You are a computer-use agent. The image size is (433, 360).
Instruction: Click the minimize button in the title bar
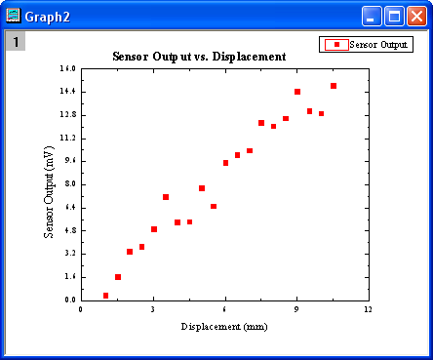(x=372, y=15)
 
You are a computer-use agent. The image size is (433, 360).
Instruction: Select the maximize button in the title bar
(x=394, y=15)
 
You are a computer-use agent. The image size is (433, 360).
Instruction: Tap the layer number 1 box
(x=17, y=41)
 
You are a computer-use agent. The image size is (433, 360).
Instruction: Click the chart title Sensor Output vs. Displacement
(x=199, y=57)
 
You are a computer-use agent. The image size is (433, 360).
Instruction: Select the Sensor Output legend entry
(x=366, y=44)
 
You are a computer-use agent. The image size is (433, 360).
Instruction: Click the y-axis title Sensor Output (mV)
(x=49, y=193)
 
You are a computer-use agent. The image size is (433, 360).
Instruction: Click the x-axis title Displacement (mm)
(x=223, y=326)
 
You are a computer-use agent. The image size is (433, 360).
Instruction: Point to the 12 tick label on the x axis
(x=368, y=309)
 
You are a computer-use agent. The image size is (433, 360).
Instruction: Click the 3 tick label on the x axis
(x=153, y=309)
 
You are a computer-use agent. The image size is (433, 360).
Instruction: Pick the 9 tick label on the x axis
(x=296, y=309)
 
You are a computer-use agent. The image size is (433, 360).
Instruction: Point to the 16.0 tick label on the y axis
(x=67, y=68)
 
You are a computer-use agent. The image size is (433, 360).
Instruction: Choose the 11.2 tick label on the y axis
(x=67, y=138)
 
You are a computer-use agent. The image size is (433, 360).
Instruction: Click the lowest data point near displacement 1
(x=106, y=295)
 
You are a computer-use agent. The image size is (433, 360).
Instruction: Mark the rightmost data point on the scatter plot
(x=334, y=86)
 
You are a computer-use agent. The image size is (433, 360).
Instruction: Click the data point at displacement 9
(x=297, y=92)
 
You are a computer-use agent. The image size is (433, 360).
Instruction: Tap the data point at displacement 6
(x=225, y=163)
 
